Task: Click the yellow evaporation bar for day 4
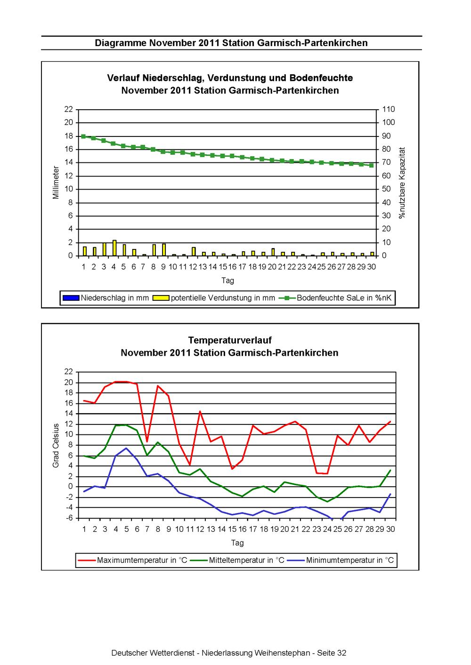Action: coord(114,248)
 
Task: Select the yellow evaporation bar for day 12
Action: coord(194,251)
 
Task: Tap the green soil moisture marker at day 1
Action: coord(83,136)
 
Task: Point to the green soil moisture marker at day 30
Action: coord(371,165)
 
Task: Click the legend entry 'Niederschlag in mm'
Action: coord(106,298)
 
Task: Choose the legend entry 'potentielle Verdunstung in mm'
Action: coord(214,298)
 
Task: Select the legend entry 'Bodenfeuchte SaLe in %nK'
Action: coord(335,298)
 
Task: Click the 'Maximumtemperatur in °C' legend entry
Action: coord(132,560)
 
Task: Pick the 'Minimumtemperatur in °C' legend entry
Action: coord(341,560)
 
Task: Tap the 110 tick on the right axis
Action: coord(389,109)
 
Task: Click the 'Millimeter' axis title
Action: coord(56,182)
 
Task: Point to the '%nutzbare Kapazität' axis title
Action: coord(402,183)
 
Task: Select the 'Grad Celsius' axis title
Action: coord(56,445)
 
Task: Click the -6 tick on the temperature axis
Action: coord(69,518)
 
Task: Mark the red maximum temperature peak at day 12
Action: coord(200,411)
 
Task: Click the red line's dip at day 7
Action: coord(147,442)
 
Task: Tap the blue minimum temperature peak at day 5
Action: coord(126,448)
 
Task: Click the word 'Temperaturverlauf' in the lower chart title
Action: coord(230,340)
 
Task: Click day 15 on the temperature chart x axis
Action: coord(232,529)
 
